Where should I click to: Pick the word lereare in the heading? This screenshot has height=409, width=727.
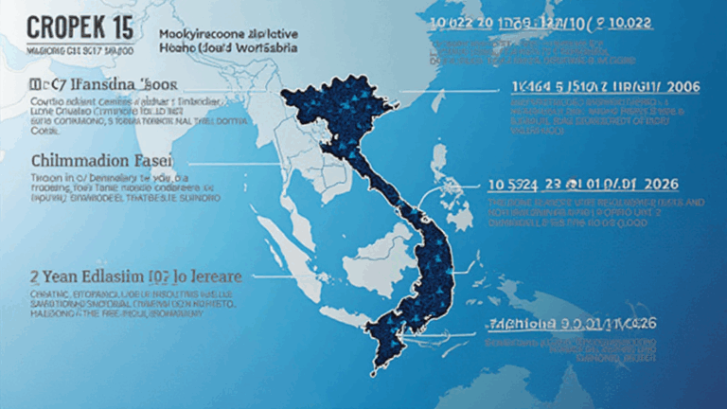[213, 277]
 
